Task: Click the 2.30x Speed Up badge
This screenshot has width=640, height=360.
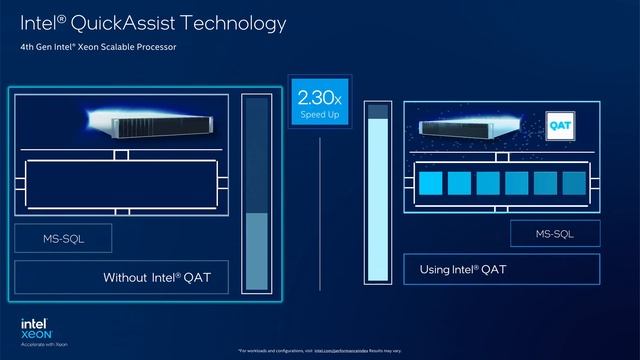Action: [319, 104]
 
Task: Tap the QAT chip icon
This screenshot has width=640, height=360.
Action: [558, 127]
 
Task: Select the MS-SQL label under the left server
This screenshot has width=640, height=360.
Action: [63, 238]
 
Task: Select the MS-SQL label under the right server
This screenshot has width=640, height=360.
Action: [556, 233]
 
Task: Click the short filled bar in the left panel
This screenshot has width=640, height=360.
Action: [256, 251]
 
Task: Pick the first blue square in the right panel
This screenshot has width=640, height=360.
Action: [432, 184]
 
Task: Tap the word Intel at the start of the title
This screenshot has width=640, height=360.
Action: [39, 22]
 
